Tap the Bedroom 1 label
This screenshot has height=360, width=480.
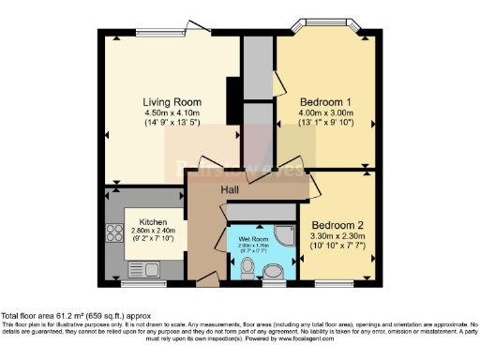(x=324, y=101)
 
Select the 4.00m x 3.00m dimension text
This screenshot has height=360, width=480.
(x=324, y=114)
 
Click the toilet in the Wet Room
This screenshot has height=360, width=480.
(x=247, y=269)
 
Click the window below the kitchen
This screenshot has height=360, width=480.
(x=138, y=282)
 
